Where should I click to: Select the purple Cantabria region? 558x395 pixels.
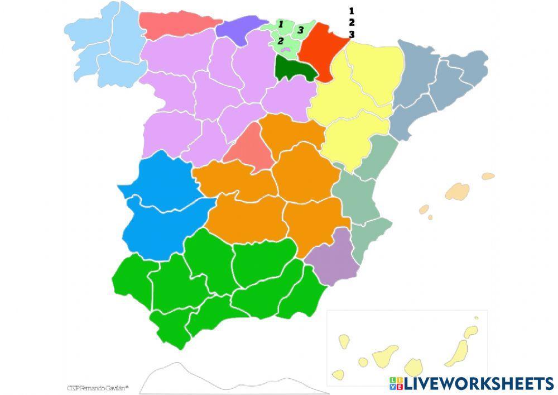tap(237, 28)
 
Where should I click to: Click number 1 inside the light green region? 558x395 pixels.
tap(281, 24)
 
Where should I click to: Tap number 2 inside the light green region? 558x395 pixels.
tap(281, 40)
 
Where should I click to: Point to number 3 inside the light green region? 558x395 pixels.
tap(300, 30)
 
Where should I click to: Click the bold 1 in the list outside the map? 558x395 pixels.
tap(352, 11)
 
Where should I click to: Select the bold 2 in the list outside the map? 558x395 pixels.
tap(352, 22)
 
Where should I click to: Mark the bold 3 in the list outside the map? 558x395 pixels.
tap(352, 34)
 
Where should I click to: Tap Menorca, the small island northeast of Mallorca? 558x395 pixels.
tap(488, 176)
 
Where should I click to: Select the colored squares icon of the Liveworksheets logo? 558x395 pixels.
tap(396, 383)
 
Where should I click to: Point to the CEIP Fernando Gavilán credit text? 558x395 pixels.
tap(98, 387)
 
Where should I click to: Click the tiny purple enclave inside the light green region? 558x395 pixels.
tap(287, 50)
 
